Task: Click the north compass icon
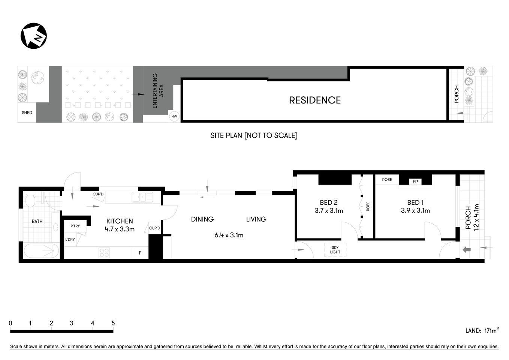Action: click(34, 36)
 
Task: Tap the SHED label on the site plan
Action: click(27, 112)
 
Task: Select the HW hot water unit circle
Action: click(174, 117)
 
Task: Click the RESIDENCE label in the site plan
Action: click(314, 100)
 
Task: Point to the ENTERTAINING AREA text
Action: click(158, 91)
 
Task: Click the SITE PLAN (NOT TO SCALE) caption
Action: click(254, 135)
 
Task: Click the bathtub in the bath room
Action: click(42, 250)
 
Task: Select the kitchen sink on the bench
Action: click(142, 196)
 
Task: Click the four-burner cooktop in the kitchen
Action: click(104, 252)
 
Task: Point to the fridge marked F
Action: click(140, 253)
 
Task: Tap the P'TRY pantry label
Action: click(75, 226)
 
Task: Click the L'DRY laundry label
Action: click(70, 239)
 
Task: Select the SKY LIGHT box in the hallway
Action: click(335, 250)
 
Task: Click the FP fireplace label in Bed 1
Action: click(415, 182)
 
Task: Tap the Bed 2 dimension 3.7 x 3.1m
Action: click(329, 211)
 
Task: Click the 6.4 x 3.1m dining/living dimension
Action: click(229, 235)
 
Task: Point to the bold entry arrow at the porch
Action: click(467, 249)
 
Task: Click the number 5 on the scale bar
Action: click(113, 323)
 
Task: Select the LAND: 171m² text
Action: click(482, 330)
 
